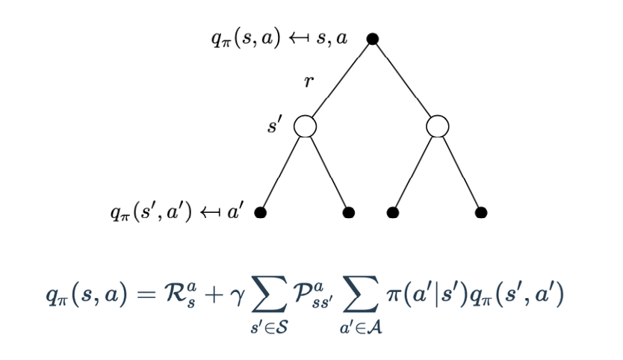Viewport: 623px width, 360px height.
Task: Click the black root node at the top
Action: pos(372,38)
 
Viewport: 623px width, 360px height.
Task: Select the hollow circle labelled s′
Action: pos(305,126)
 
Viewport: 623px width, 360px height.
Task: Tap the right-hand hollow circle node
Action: pos(437,126)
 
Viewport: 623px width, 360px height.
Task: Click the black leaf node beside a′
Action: pos(261,213)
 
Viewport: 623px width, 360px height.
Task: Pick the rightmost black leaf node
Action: pos(481,213)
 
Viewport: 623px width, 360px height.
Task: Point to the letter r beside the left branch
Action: pos(307,83)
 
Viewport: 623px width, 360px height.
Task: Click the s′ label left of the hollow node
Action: pos(275,125)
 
